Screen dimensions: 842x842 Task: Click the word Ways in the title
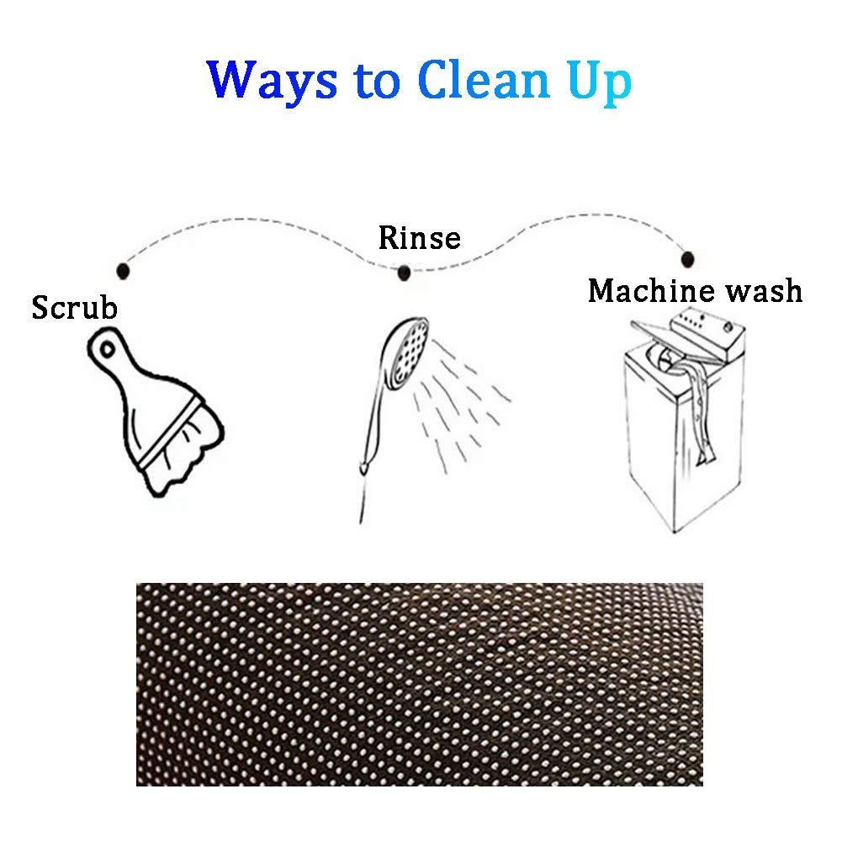tap(272, 81)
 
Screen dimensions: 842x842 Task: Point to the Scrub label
tap(74, 308)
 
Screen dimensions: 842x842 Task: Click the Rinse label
tap(420, 238)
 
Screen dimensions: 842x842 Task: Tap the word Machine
tap(652, 291)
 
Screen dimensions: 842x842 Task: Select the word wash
tap(764, 292)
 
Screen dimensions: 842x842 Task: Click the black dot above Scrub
tap(123, 271)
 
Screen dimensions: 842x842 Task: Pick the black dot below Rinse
tap(405, 273)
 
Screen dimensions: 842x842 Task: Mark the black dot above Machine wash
tap(687, 259)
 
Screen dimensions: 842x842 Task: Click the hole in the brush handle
tap(108, 350)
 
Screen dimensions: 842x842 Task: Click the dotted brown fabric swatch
tap(420, 684)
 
